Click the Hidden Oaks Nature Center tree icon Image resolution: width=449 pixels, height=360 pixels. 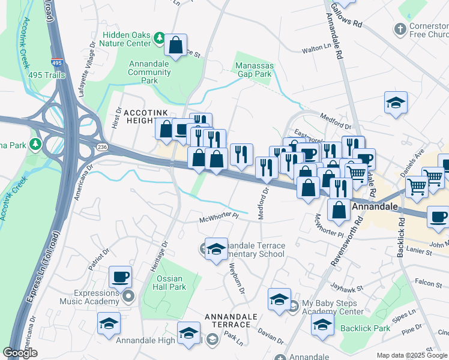159,38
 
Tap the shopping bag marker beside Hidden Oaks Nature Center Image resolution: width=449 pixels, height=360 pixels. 176,45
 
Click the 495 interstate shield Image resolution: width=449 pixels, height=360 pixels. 58,62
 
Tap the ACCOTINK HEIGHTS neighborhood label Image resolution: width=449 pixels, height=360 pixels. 146,117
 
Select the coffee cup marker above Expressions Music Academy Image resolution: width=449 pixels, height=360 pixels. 121,277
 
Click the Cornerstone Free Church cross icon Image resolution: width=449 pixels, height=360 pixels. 400,28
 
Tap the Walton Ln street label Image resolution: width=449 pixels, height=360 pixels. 316,50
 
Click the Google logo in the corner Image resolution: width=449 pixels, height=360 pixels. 20,353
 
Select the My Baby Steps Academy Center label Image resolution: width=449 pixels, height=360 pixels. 333,307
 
